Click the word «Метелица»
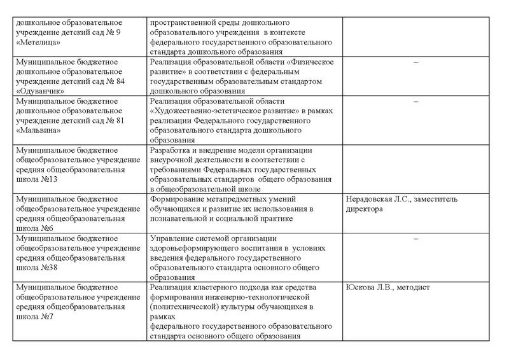[x=38, y=43]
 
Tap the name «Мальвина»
[x=38, y=130]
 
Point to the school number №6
[x=44, y=228]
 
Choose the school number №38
[x=46, y=268]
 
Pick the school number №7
[x=44, y=317]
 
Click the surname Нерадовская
[x=371, y=200]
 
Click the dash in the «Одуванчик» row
[x=415, y=62]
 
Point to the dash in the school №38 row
[x=415, y=239]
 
